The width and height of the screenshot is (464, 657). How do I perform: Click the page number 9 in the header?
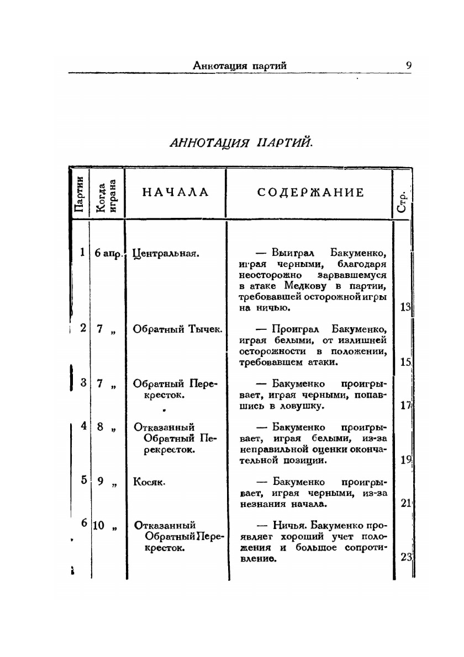tap(409, 65)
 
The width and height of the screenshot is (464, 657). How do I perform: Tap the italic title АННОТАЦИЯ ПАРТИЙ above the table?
tap(241, 142)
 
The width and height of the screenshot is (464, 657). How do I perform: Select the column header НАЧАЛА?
tap(176, 193)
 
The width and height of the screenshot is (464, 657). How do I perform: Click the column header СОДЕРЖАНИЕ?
tap(310, 193)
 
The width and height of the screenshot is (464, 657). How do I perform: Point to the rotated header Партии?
tap(80, 194)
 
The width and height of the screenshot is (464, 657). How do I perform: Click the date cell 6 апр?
tap(108, 254)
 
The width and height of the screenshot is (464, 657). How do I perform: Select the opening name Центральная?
tap(166, 254)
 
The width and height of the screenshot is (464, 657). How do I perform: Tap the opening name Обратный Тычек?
tap(177, 329)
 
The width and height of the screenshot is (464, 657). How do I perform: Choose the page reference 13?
tap(406, 308)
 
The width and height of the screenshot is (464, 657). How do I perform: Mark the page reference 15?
tap(406, 362)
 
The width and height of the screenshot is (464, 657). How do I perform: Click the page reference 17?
tap(406, 405)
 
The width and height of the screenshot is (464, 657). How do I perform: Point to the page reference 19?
tap(406, 460)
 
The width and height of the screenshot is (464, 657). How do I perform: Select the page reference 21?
tap(406, 503)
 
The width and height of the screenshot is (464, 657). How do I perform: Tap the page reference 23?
tap(406, 557)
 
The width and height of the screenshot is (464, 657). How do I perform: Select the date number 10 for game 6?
tap(98, 526)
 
